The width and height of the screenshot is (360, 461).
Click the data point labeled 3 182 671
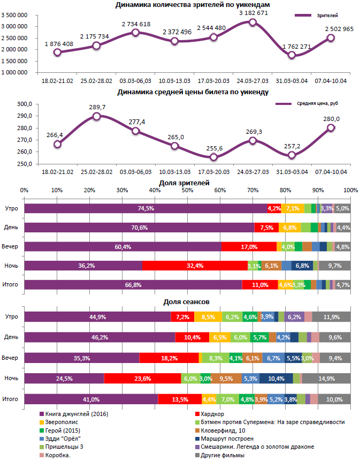click(x=252, y=22)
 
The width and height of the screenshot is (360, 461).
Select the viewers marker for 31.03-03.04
click(x=292, y=55)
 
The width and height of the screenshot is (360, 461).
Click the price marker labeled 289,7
click(x=96, y=116)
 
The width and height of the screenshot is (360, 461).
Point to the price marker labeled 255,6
click(x=213, y=157)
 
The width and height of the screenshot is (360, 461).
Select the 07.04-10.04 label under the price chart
click(x=331, y=172)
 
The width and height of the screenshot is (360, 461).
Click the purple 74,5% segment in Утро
click(x=145, y=208)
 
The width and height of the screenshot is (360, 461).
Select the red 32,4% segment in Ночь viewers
click(x=195, y=266)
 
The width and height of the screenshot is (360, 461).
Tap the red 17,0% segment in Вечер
click(x=249, y=247)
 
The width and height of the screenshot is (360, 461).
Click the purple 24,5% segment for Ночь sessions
click(x=64, y=379)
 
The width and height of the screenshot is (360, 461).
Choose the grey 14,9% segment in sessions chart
click(x=326, y=379)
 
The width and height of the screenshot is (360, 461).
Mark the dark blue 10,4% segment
click(x=277, y=379)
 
